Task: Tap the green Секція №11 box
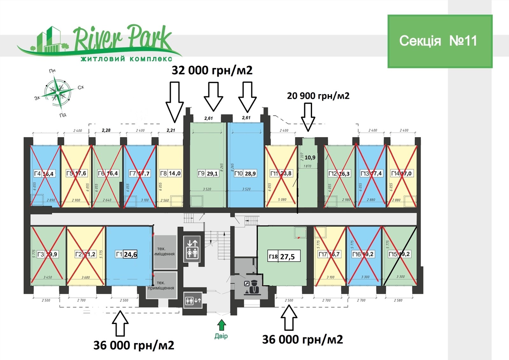[440, 41]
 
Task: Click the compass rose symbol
[57, 92]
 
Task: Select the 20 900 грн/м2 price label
[318, 96]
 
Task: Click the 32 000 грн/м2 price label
[212, 70]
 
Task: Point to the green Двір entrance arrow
[221, 325]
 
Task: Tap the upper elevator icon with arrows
[192, 249]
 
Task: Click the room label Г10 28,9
[245, 174]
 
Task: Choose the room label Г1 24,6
[126, 254]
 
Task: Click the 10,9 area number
[310, 157]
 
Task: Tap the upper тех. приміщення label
[164, 251]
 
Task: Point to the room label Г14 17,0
[401, 174]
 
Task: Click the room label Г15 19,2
[400, 254]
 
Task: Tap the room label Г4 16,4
[44, 174]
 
